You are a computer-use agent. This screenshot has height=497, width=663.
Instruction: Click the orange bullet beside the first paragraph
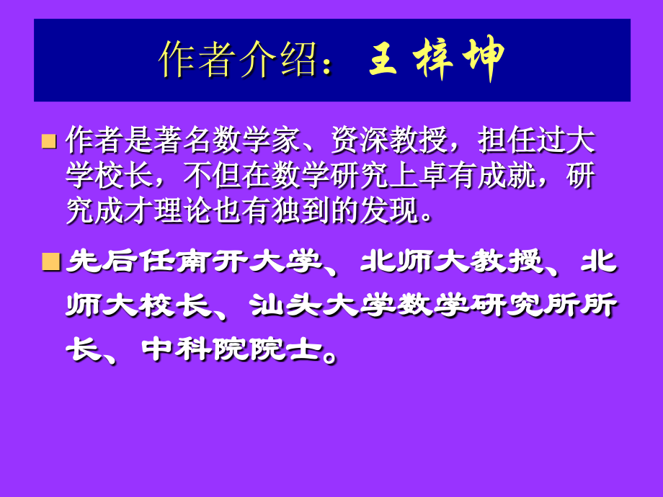click(49, 140)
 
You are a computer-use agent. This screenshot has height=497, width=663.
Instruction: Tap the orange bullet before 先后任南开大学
click(49, 261)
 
